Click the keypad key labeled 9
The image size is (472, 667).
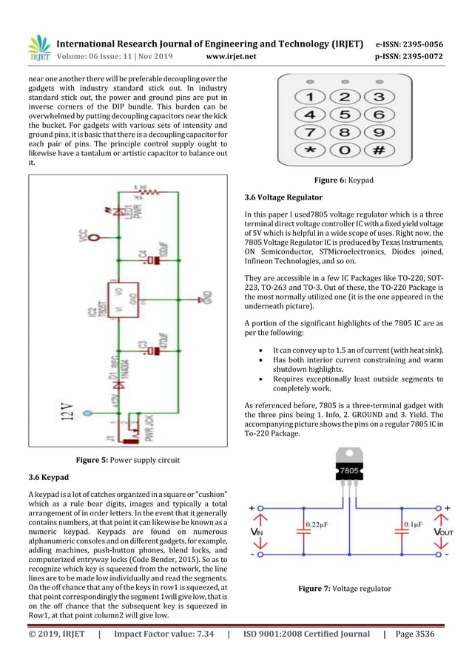[378, 133]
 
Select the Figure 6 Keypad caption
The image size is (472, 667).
[344, 180]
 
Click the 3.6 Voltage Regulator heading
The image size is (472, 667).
[283, 197]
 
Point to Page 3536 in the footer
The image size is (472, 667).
[415, 634]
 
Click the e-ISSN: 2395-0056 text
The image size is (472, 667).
[409, 44]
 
